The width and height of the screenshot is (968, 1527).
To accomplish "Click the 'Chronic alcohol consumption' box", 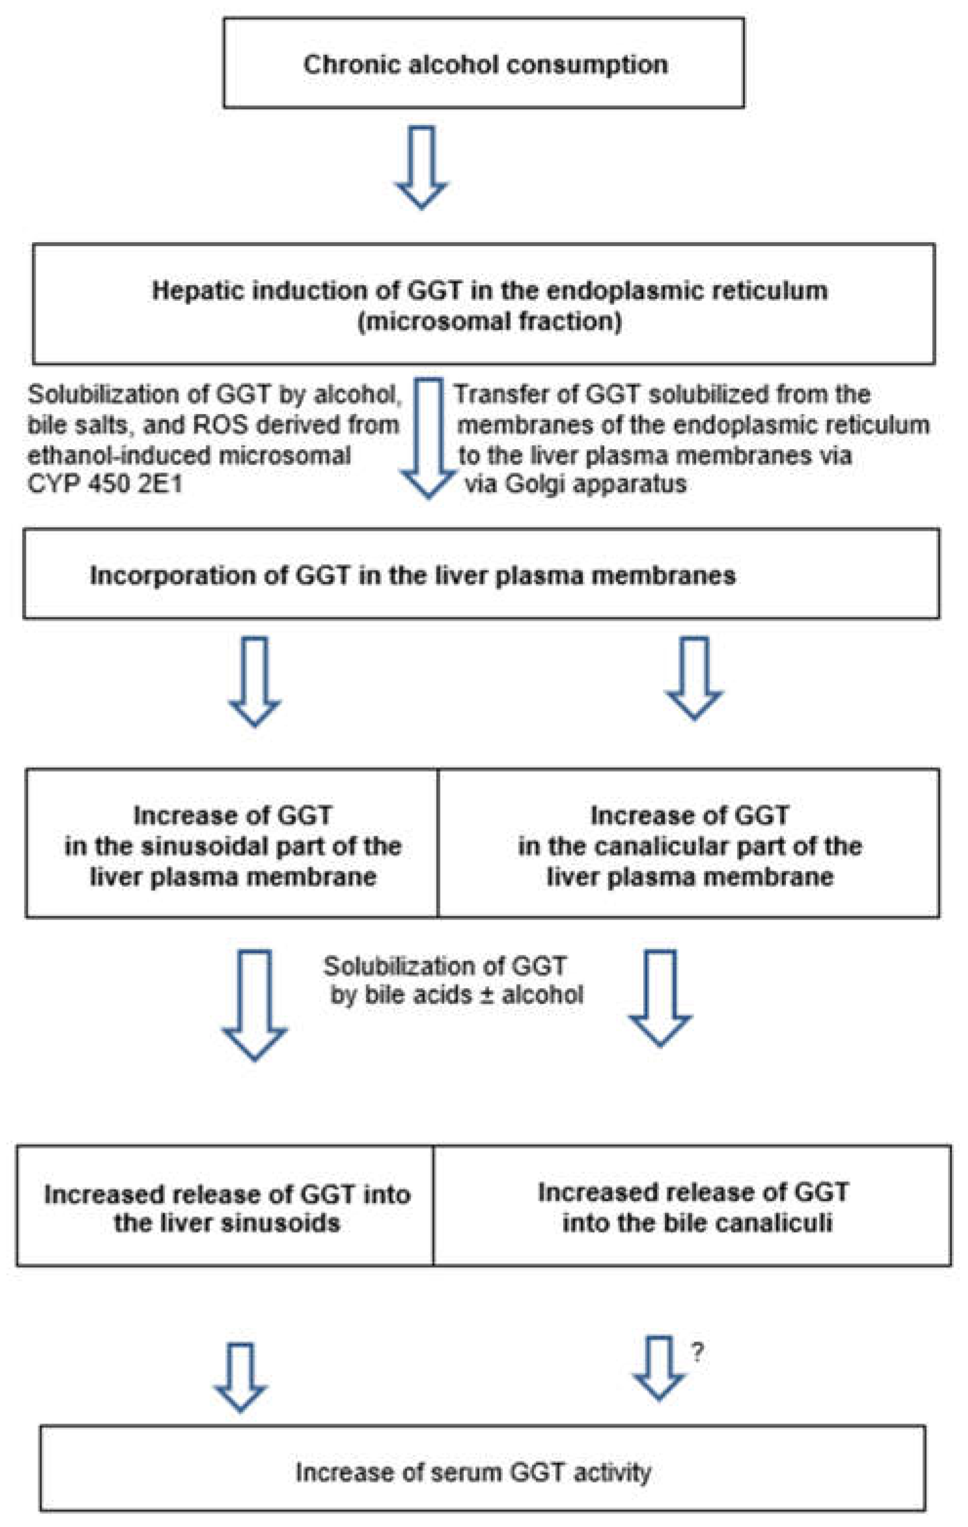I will tap(484, 63).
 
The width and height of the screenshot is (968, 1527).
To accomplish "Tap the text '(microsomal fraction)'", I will tap(490, 322).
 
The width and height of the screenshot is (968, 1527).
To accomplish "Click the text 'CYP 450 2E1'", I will tap(104, 484).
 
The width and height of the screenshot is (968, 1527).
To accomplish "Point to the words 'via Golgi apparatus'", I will tap(576, 484).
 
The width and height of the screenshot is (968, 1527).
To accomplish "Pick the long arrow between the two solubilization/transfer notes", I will tap(429, 437).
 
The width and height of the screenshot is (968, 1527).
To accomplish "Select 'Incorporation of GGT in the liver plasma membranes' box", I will tap(482, 574).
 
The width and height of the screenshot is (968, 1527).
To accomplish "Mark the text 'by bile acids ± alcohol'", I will tap(456, 994).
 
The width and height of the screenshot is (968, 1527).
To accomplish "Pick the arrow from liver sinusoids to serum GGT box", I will tap(241, 1376).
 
